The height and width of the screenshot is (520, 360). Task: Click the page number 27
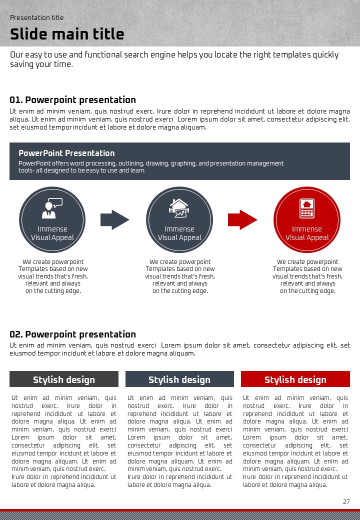[x=346, y=501]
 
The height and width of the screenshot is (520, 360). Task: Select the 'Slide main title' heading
[x=67, y=34]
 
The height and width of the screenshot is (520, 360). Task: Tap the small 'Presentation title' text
[x=37, y=17]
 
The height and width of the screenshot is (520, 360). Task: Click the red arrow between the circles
[x=242, y=219]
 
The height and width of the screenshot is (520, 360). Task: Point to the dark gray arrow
[x=115, y=219]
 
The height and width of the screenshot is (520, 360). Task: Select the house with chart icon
[x=179, y=208]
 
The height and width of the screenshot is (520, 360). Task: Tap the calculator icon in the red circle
[x=307, y=208]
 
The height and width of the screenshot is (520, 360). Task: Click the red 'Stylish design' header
[x=295, y=379]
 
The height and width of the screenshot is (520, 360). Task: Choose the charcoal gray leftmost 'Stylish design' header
[x=64, y=379]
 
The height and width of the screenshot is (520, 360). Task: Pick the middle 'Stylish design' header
[x=179, y=379]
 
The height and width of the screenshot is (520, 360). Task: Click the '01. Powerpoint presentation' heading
[x=73, y=100]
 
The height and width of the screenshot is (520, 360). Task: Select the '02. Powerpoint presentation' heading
[x=73, y=334]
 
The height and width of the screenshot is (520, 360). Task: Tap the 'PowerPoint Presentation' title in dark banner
[x=66, y=153]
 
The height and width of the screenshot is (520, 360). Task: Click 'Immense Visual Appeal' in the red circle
[x=307, y=233]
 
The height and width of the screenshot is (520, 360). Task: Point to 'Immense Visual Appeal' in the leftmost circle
[x=52, y=233]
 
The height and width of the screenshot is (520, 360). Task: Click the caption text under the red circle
[x=307, y=276]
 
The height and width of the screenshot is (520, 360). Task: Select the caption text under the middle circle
[x=180, y=276]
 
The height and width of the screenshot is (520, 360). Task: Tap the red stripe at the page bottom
[x=180, y=510]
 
